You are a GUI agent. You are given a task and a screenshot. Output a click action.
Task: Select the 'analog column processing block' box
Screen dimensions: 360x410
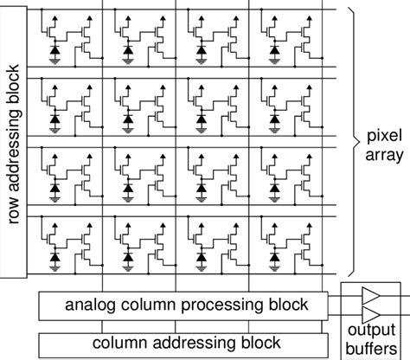click(x=183, y=305)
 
